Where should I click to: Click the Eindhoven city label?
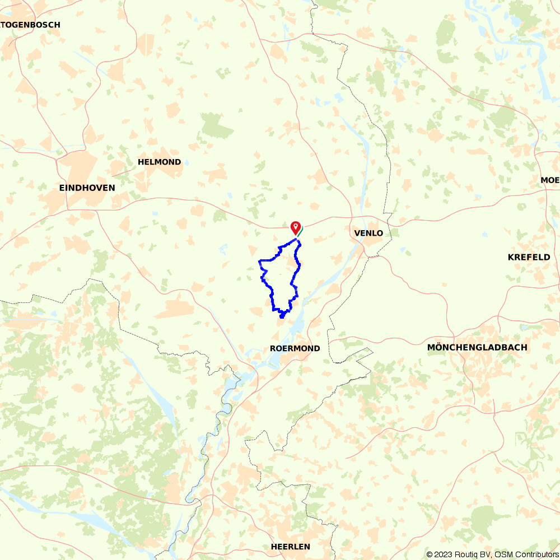click(87, 188)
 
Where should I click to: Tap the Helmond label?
click(160, 162)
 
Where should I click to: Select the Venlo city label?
click(368, 233)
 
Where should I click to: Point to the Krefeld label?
click(529, 257)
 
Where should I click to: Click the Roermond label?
click(295, 348)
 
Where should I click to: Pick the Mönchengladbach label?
click(477, 347)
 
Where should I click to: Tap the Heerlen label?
click(290, 547)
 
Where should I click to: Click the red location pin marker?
click(295, 227)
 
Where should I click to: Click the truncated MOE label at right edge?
click(550, 180)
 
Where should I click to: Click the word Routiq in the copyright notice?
click(463, 554)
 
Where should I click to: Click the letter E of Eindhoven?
click(62, 188)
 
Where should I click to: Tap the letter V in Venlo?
click(357, 233)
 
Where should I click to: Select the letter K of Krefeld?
click(511, 257)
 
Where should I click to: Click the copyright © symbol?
click(430, 554)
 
